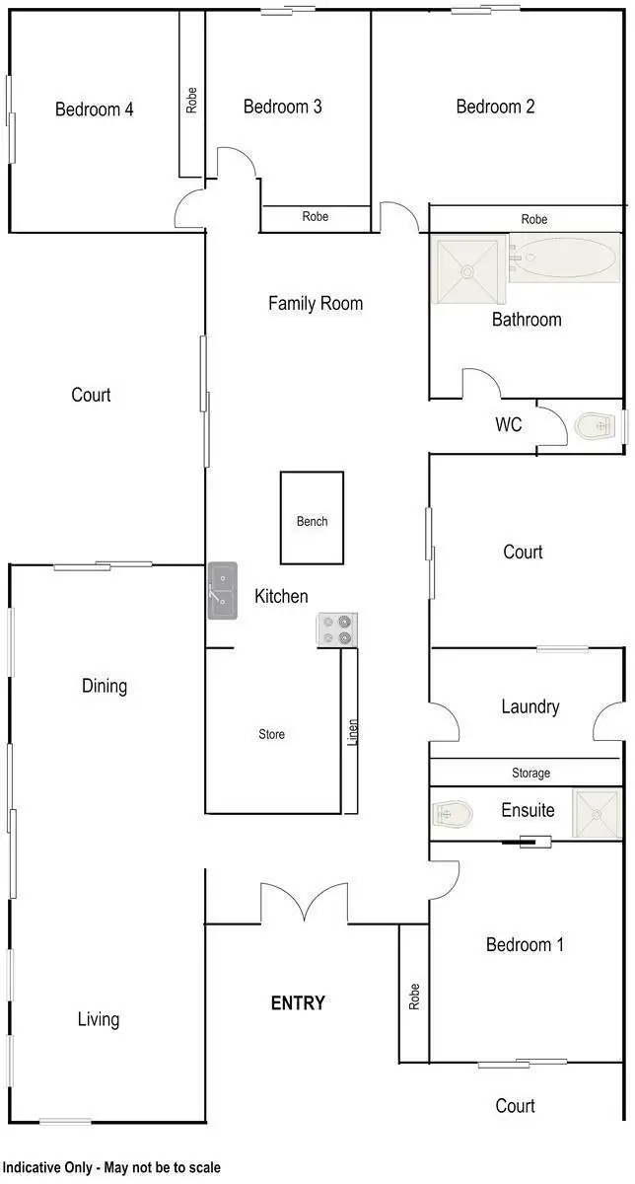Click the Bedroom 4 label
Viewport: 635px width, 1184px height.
(x=95, y=110)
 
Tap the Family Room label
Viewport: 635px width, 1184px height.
(x=316, y=304)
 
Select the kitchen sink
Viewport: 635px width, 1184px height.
(x=223, y=591)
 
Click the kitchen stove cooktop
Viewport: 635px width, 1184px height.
(x=337, y=629)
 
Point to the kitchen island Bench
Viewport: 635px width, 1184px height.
(x=313, y=519)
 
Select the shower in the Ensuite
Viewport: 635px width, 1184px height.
(x=598, y=814)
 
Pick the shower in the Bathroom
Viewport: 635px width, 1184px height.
(x=469, y=260)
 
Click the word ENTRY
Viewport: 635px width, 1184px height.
(x=298, y=1003)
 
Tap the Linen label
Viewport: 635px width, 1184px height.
(x=353, y=731)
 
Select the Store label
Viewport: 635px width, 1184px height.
(x=272, y=734)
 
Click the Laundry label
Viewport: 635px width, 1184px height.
(x=530, y=706)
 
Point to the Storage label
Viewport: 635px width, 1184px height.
(x=530, y=774)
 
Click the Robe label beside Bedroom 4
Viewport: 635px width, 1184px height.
(x=191, y=99)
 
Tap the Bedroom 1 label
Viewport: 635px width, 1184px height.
(x=526, y=945)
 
